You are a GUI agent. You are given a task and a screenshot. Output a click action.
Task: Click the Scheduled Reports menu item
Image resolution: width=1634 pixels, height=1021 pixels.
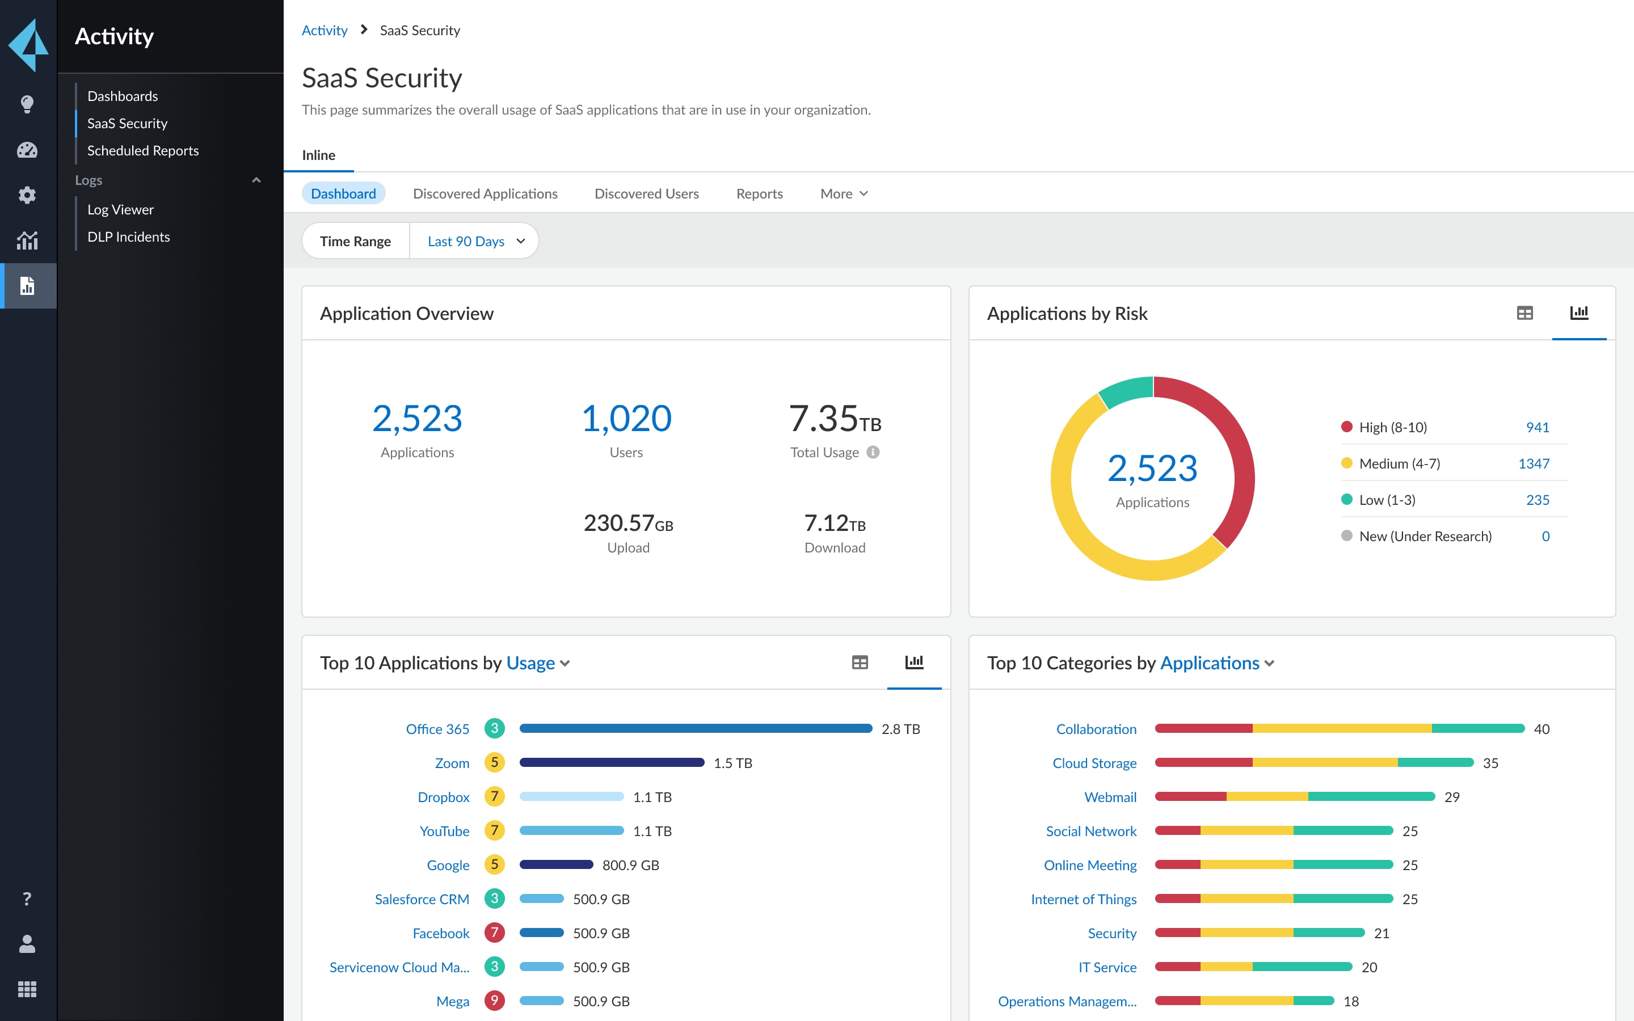(x=142, y=150)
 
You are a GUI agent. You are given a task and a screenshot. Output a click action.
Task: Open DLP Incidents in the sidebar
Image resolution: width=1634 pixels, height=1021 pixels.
(x=128, y=237)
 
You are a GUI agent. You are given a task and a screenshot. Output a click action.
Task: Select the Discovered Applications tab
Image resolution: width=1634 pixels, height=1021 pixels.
(x=485, y=194)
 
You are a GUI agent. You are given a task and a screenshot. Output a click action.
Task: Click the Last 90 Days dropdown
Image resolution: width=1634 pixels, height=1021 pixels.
(x=475, y=241)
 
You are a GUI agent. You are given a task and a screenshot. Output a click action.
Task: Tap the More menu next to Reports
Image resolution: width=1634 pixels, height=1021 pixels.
(x=843, y=194)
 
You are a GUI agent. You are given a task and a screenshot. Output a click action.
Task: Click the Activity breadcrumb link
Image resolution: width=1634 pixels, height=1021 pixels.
(x=324, y=31)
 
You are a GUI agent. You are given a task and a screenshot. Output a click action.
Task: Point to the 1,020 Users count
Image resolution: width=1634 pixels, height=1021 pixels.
(x=626, y=419)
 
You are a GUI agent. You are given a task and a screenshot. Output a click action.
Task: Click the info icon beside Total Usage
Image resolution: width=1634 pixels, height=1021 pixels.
(x=873, y=453)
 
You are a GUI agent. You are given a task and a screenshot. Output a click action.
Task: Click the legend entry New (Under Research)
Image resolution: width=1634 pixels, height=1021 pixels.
(x=1425, y=536)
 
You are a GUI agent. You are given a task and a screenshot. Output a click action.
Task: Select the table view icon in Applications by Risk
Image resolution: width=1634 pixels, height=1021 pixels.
(x=1524, y=313)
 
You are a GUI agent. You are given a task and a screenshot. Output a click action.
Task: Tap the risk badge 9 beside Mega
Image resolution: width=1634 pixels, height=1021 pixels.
(x=494, y=1001)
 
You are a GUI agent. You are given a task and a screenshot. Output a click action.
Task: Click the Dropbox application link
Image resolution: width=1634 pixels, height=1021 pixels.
(x=443, y=797)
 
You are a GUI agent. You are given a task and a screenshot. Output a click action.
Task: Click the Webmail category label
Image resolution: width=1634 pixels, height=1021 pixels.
(x=1110, y=797)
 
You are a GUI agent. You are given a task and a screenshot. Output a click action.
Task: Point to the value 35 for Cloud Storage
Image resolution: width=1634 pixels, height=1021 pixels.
(x=1490, y=763)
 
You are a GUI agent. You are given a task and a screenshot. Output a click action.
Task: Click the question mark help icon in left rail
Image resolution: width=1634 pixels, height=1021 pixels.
(x=27, y=899)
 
